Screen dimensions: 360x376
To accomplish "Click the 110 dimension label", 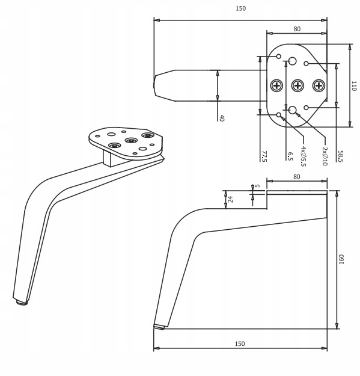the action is tap(354, 86).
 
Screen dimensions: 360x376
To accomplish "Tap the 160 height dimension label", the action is tap(341, 259).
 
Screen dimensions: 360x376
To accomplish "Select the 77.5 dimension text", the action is tap(264, 156).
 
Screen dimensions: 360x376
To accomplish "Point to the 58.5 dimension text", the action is tap(341, 156).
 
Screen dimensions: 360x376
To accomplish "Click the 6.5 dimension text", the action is tap(290, 156).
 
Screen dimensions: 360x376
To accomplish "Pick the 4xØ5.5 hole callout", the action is tap(304, 156).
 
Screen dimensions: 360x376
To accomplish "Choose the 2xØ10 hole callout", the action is tap(325, 156).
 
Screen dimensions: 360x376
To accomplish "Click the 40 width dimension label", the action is tap(222, 118).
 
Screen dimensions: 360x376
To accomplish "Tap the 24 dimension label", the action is tap(230, 199).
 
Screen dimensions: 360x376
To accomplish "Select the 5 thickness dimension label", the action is tap(257, 186).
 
